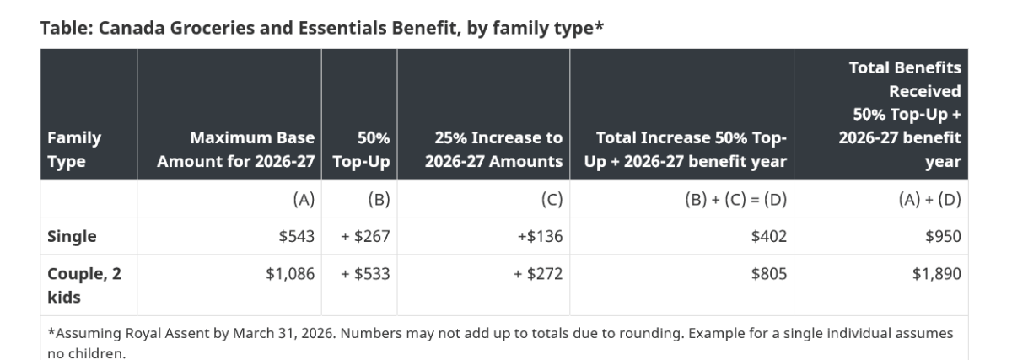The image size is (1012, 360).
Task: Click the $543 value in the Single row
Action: click(x=296, y=236)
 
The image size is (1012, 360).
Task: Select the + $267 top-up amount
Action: click(x=365, y=236)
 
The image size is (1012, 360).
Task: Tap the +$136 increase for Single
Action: click(x=540, y=236)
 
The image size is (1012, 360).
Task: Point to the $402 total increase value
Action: click(x=768, y=236)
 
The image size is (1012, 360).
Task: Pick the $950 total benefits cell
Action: click(x=943, y=236)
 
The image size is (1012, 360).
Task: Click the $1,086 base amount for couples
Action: click(x=290, y=274)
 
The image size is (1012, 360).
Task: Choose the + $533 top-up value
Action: click(x=365, y=274)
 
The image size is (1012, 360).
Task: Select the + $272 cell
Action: click(x=538, y=274)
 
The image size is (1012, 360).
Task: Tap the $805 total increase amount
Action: click(x=768, y=274)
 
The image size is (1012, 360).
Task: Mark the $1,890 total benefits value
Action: click(x=937, y=274)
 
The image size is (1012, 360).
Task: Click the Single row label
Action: click(x=72, y=236)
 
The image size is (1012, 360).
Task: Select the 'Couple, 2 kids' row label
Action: click(x=84, y=286)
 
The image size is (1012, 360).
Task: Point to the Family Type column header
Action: click(x=74, y=149)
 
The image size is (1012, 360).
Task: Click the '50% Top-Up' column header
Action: click(x=362, y=149)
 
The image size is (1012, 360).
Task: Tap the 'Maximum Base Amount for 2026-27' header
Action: click(x=236, y=149)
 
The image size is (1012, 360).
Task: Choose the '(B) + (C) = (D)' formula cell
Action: click(x=736, y=199)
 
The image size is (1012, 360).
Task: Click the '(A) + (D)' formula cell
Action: click(x=929, y=199)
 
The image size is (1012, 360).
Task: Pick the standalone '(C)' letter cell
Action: click(x=552, y=199)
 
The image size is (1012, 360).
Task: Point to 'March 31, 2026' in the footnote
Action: click(x=284, y=333)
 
